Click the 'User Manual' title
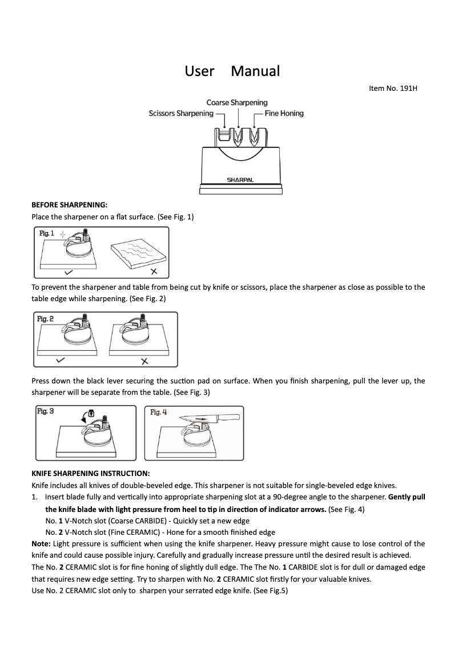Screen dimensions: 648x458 point(232,71)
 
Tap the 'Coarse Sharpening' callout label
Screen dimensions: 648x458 point(236,102)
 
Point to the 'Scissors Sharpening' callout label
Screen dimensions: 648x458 point(180,113)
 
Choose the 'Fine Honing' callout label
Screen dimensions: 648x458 point(284,113)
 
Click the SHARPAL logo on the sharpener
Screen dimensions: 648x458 point(240,179)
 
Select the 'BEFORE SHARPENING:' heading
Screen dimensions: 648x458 point(69,205)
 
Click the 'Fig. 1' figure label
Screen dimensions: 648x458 point(47,234)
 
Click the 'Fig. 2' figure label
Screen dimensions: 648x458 point(47,318)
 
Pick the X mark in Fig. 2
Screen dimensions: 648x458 point(144,361)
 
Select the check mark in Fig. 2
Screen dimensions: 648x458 point(61,361)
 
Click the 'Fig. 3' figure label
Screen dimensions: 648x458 point(46,411)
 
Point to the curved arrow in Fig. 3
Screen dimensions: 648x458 point(85,417)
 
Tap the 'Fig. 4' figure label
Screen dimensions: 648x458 point(159,412)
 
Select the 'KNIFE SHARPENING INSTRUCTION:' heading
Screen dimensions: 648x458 point(90,474)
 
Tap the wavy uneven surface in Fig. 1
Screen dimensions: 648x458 point(138,250)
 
